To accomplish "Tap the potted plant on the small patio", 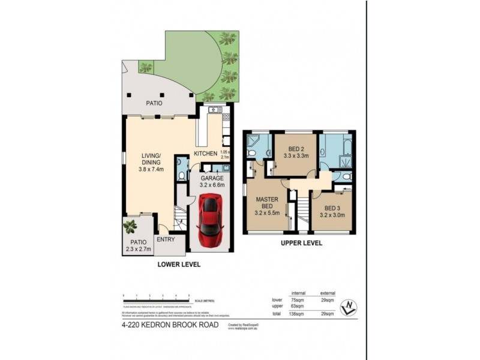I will [x=130, y=226].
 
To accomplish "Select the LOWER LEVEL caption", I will [x=178, y=264].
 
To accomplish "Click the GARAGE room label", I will [x=212, y=178].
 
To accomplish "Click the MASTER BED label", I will [x=267, y=203].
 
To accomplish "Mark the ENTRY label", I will [x=165, y=239].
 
